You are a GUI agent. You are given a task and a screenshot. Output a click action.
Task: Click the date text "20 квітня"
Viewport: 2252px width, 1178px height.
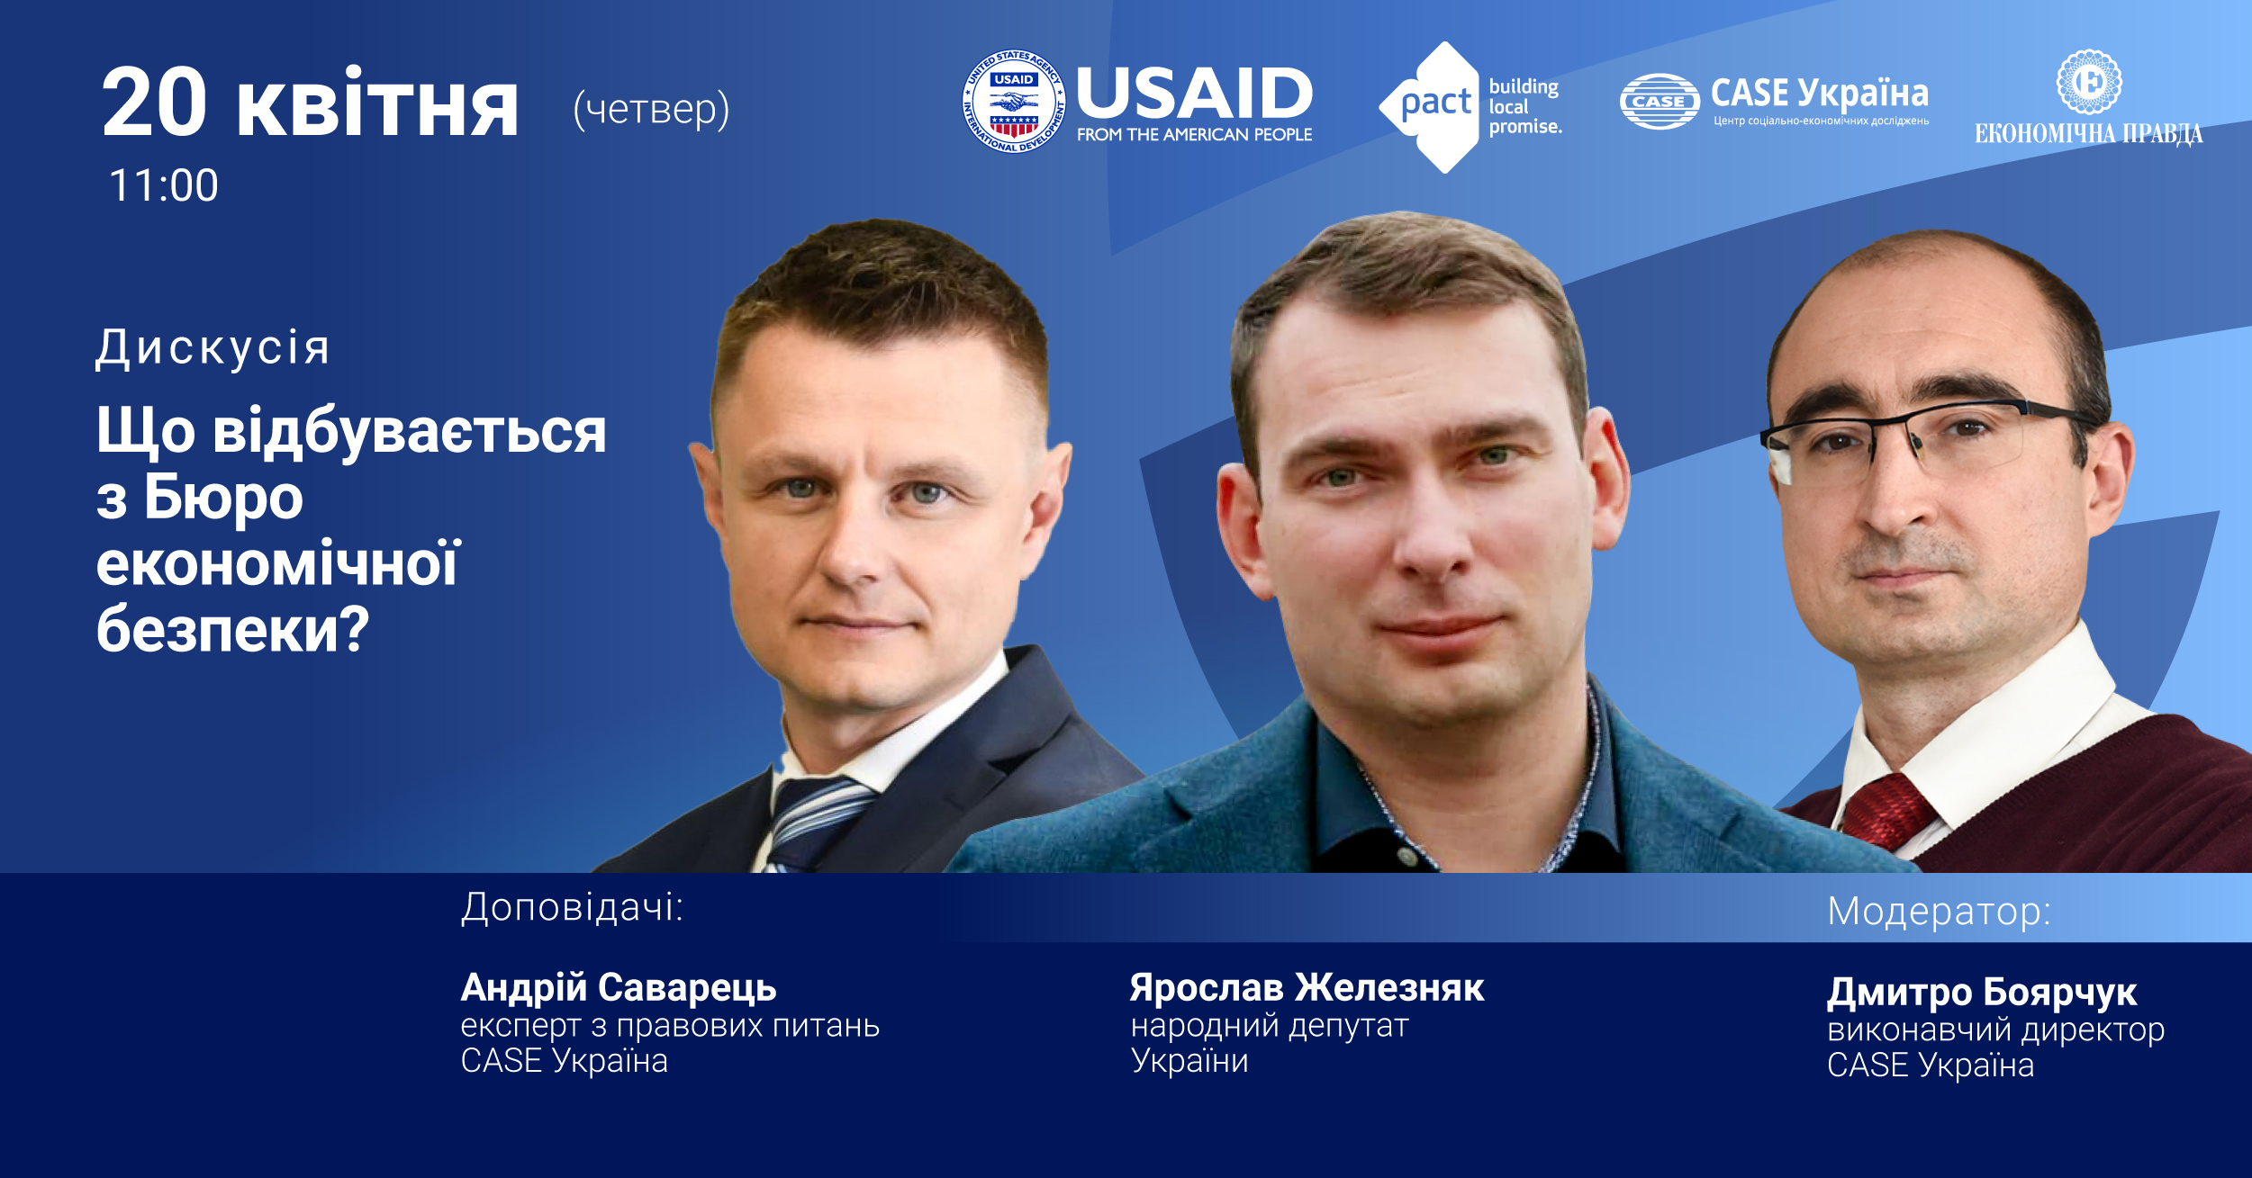[x=310, y=103]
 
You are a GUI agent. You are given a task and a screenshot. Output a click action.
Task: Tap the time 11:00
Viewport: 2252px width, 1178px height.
[x=164, y=185]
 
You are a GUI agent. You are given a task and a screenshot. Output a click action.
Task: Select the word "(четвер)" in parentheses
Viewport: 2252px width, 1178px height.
[x=651, y=109]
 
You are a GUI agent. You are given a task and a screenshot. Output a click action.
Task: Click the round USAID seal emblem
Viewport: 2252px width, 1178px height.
[x=1014, y=101]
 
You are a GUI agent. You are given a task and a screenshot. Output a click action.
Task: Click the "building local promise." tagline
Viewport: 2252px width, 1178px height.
[x=1524, y=106]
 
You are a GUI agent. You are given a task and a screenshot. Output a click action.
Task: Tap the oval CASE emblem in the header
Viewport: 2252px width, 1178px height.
[x=1659, y=102]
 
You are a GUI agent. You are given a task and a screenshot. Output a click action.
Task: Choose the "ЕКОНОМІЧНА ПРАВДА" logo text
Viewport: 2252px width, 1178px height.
[x=2088, y=134]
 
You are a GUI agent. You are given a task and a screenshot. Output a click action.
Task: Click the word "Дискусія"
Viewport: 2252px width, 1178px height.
[x=213, y=348]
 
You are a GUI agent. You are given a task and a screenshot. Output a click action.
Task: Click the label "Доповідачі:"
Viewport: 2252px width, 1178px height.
[x=572, y=907]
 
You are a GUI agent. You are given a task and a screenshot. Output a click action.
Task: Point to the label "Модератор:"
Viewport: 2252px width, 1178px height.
[x=1939, y=912]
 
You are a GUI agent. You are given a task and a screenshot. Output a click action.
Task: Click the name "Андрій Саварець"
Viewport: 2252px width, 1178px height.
[x=619, y=988]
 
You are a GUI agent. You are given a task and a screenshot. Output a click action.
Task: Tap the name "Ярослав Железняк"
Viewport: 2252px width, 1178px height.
[x=1307, y=987]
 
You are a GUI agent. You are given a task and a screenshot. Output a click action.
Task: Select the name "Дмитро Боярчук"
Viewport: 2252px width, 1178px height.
[x=1982, y=993]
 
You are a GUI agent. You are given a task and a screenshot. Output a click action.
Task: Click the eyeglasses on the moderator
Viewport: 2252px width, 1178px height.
[x=1927, y=439]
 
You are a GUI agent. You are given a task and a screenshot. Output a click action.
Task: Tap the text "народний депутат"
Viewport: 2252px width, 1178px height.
[x=1270, y=1026]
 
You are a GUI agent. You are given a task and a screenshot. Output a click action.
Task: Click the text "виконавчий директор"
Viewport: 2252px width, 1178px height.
[x=1995, y=1030]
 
